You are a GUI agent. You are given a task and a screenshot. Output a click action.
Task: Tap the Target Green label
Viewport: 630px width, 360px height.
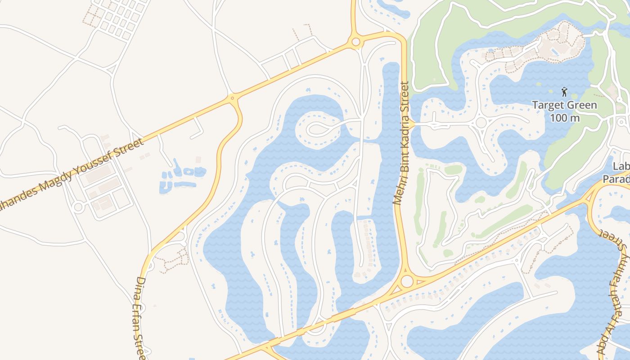point(564,106)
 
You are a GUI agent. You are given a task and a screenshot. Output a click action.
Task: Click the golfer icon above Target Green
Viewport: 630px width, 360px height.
point(564,92)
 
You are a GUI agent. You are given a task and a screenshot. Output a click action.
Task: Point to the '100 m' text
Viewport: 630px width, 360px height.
point(564,118)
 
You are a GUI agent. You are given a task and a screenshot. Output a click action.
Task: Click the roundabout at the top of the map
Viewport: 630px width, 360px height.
point(355,42)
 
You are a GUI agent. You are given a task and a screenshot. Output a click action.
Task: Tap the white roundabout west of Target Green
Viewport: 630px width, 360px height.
point(481,122)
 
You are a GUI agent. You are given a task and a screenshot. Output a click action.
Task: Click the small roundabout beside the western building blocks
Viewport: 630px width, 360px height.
point(78,207)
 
